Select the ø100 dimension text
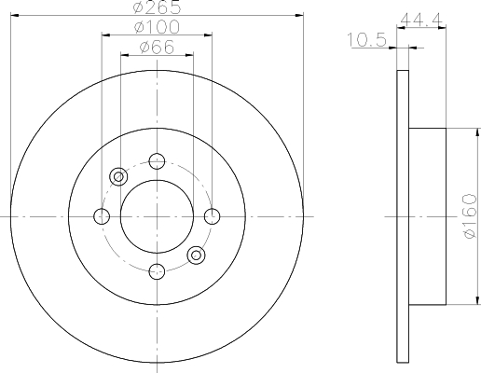coord(156,27)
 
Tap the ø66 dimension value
coord(156,47)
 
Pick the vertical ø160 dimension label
coord(469,216)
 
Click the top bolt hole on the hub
coord(157,161)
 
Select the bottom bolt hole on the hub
coord(157,271)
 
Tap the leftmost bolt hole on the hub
coord(102,216)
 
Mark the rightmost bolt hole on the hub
coord(212,216)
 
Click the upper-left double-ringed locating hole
coord(117,177)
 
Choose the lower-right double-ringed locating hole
coord(196,255)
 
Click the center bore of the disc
coord(157,216)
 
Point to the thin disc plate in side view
coord(403,216)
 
